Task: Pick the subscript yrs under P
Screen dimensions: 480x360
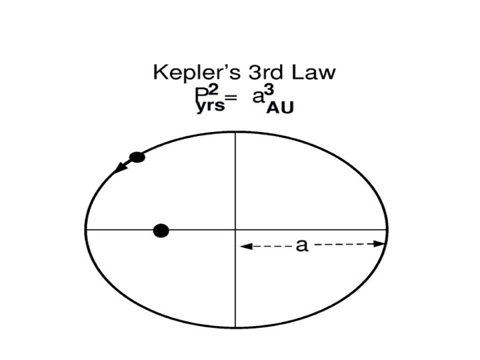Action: pyautogui.click(x=211, y=107)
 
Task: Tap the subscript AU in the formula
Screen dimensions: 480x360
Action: pyautogui.click(x=279, y=109)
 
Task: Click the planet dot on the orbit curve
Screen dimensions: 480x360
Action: pyautogui.click(x=137, y=157)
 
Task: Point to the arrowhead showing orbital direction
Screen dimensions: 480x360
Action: pyautogui.click(x=118, y=169)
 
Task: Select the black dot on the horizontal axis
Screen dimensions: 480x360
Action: pyautogui.click(x=161, y=231)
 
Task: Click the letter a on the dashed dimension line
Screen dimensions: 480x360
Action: pyautogui.click(x=302, y=245)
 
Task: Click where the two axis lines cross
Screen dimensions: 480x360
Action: pyautogui.click(x=235, y=229)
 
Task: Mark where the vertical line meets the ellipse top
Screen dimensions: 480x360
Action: pyautogui.click(x=235, y=132)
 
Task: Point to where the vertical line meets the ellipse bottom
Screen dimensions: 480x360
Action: pyautogui.click(x=235, y=327)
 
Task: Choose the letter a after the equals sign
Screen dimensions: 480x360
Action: pyautogui.click(x=258, y=97)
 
